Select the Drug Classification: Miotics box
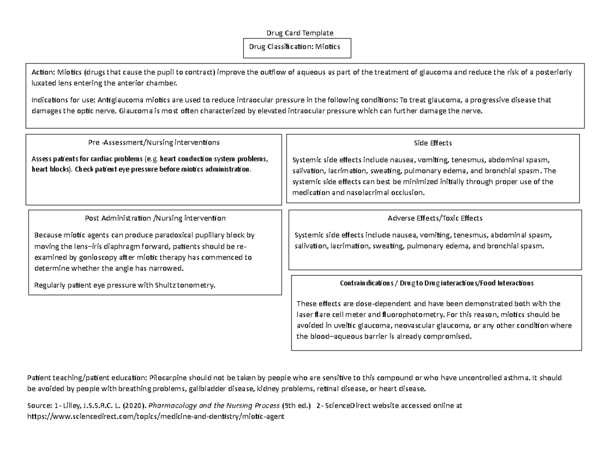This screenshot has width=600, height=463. [297, 47]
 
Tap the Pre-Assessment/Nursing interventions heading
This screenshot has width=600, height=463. [153, 143]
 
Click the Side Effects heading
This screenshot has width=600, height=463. [433, 143]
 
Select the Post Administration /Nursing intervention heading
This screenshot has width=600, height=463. [155, 218]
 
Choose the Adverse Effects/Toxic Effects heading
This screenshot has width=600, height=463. [435, 218]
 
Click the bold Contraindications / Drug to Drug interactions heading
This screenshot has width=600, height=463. [436, 283]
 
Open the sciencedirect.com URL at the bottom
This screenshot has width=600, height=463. [155, 417]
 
